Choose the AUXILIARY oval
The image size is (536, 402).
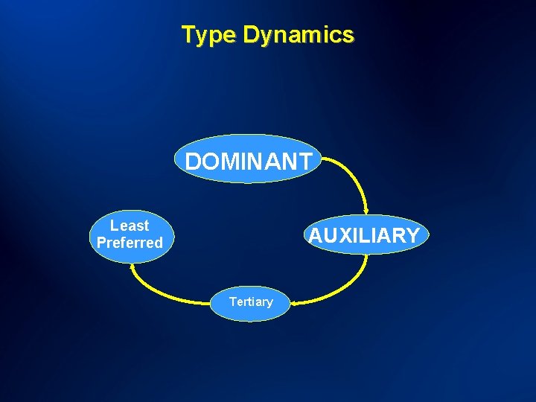pyautogui.click(x=364, y=235)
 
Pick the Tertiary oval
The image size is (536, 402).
pyautogui.click(x=251, y=302)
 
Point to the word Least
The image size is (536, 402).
pyautogui.click(x=130, y=226)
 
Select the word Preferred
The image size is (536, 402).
pyautogui.click(x=130, y=243)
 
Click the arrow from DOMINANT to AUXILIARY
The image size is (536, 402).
pyautogui.click(x=357, y=176)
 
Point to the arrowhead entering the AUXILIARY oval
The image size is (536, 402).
pyautogui.click(x=366, y=212)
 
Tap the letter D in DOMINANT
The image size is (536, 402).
pyautogui.click(x=193, y=162)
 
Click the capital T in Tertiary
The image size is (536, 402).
pyautogui.click(x=233, y=301)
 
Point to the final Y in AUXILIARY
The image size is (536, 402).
pyautogui.click(x=413, y=236)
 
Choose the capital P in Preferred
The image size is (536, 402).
pyautogui.click(x=101, y=243)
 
